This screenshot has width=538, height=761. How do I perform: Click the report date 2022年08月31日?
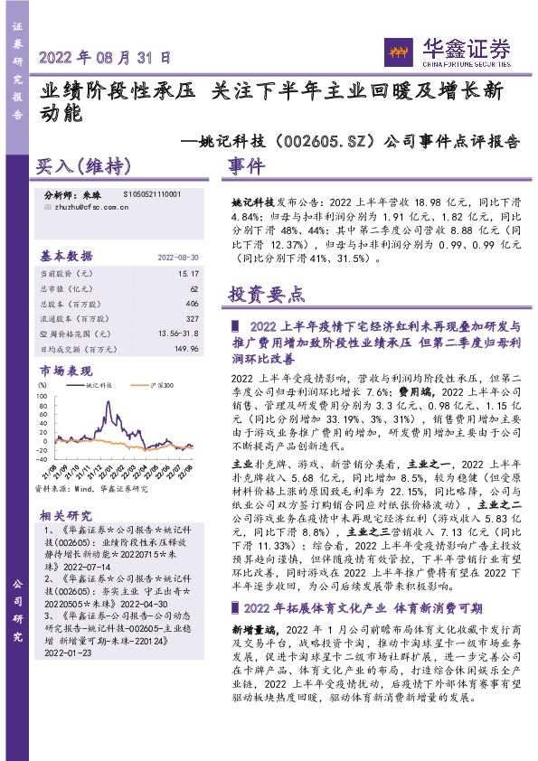pos(105,57)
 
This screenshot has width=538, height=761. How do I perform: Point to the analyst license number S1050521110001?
pos(150,194)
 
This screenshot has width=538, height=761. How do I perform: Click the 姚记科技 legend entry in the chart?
pos(93,384)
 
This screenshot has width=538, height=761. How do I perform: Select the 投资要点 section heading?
pos(267,295)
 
